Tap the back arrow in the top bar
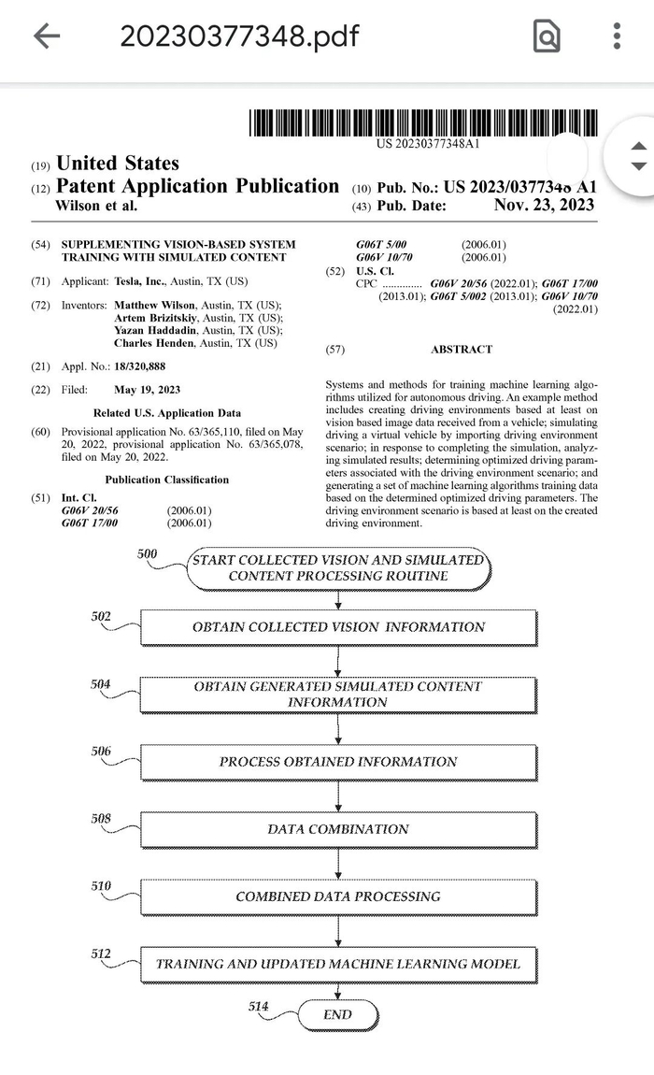point(46,36)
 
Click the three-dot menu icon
point(617,36)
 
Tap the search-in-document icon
point(546,36)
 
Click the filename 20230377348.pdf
point(238,36)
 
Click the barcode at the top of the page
point(422,122)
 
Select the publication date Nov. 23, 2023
point(544,206)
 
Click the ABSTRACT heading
point(462,349)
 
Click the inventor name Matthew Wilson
point(155,306)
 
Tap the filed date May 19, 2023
point(148,389)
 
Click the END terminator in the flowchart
point(337,1014)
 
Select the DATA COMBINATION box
point(338,829)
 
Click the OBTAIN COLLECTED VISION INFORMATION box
point(338,627)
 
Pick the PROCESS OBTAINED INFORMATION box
point(338,762)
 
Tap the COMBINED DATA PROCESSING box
point(338,896)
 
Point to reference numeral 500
point(148,553)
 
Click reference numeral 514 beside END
point(259,1006)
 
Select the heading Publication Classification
point(166,480)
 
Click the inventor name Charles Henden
point(157,343)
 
